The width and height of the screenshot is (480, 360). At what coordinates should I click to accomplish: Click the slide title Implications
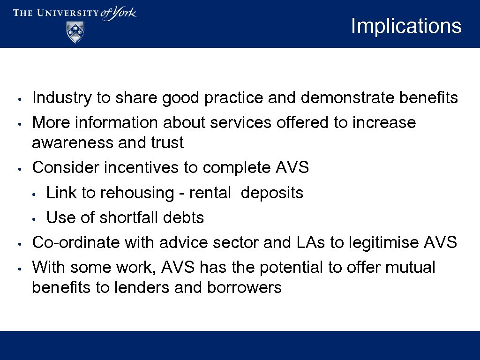[406, 26]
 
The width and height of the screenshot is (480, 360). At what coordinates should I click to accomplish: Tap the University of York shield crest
[75, 32]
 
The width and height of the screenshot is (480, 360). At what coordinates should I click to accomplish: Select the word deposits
[272, 193]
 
